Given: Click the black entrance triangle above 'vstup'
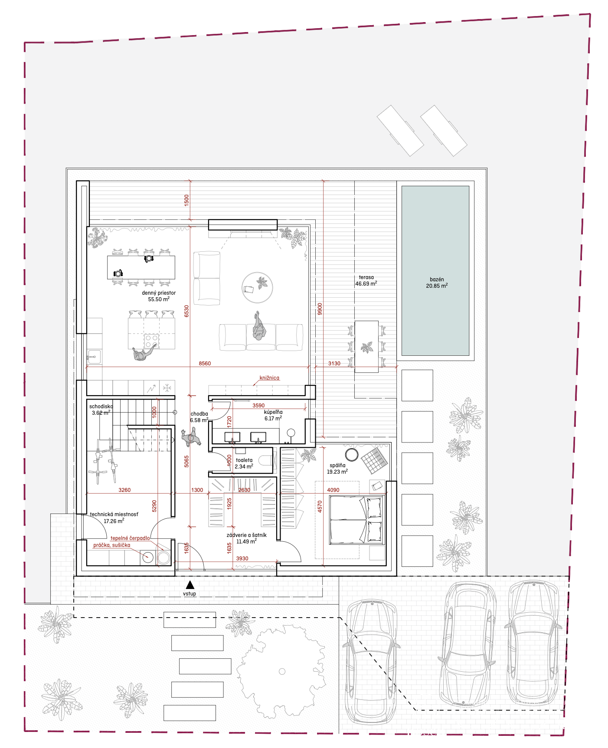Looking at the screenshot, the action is point(190,585).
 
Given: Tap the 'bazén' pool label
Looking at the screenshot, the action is point(437,280).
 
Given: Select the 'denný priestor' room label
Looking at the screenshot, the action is point(159,293).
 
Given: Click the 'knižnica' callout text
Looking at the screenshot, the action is point(269,378).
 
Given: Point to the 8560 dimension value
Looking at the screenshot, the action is point(205,364).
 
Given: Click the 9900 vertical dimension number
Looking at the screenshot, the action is point(320,309).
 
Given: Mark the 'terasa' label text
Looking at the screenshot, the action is point(366,277).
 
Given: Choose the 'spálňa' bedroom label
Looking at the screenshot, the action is point(337,465).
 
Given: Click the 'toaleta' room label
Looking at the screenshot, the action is point(244,460).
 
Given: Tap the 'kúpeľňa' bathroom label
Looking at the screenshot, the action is point(273,412).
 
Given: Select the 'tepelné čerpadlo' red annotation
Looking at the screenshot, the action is point(130,538).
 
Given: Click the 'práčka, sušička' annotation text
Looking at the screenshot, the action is point(111,545).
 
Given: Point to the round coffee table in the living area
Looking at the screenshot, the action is point(257,288).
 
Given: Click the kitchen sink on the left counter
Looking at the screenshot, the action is point(94,357).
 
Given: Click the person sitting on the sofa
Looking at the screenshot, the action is point(259,326).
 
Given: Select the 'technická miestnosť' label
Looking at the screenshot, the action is point(114,514).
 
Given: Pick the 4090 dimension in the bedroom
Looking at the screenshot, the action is point(333,490).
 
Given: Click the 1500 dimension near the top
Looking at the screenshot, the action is point(186,200).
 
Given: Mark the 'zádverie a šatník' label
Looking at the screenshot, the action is point(246,535).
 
